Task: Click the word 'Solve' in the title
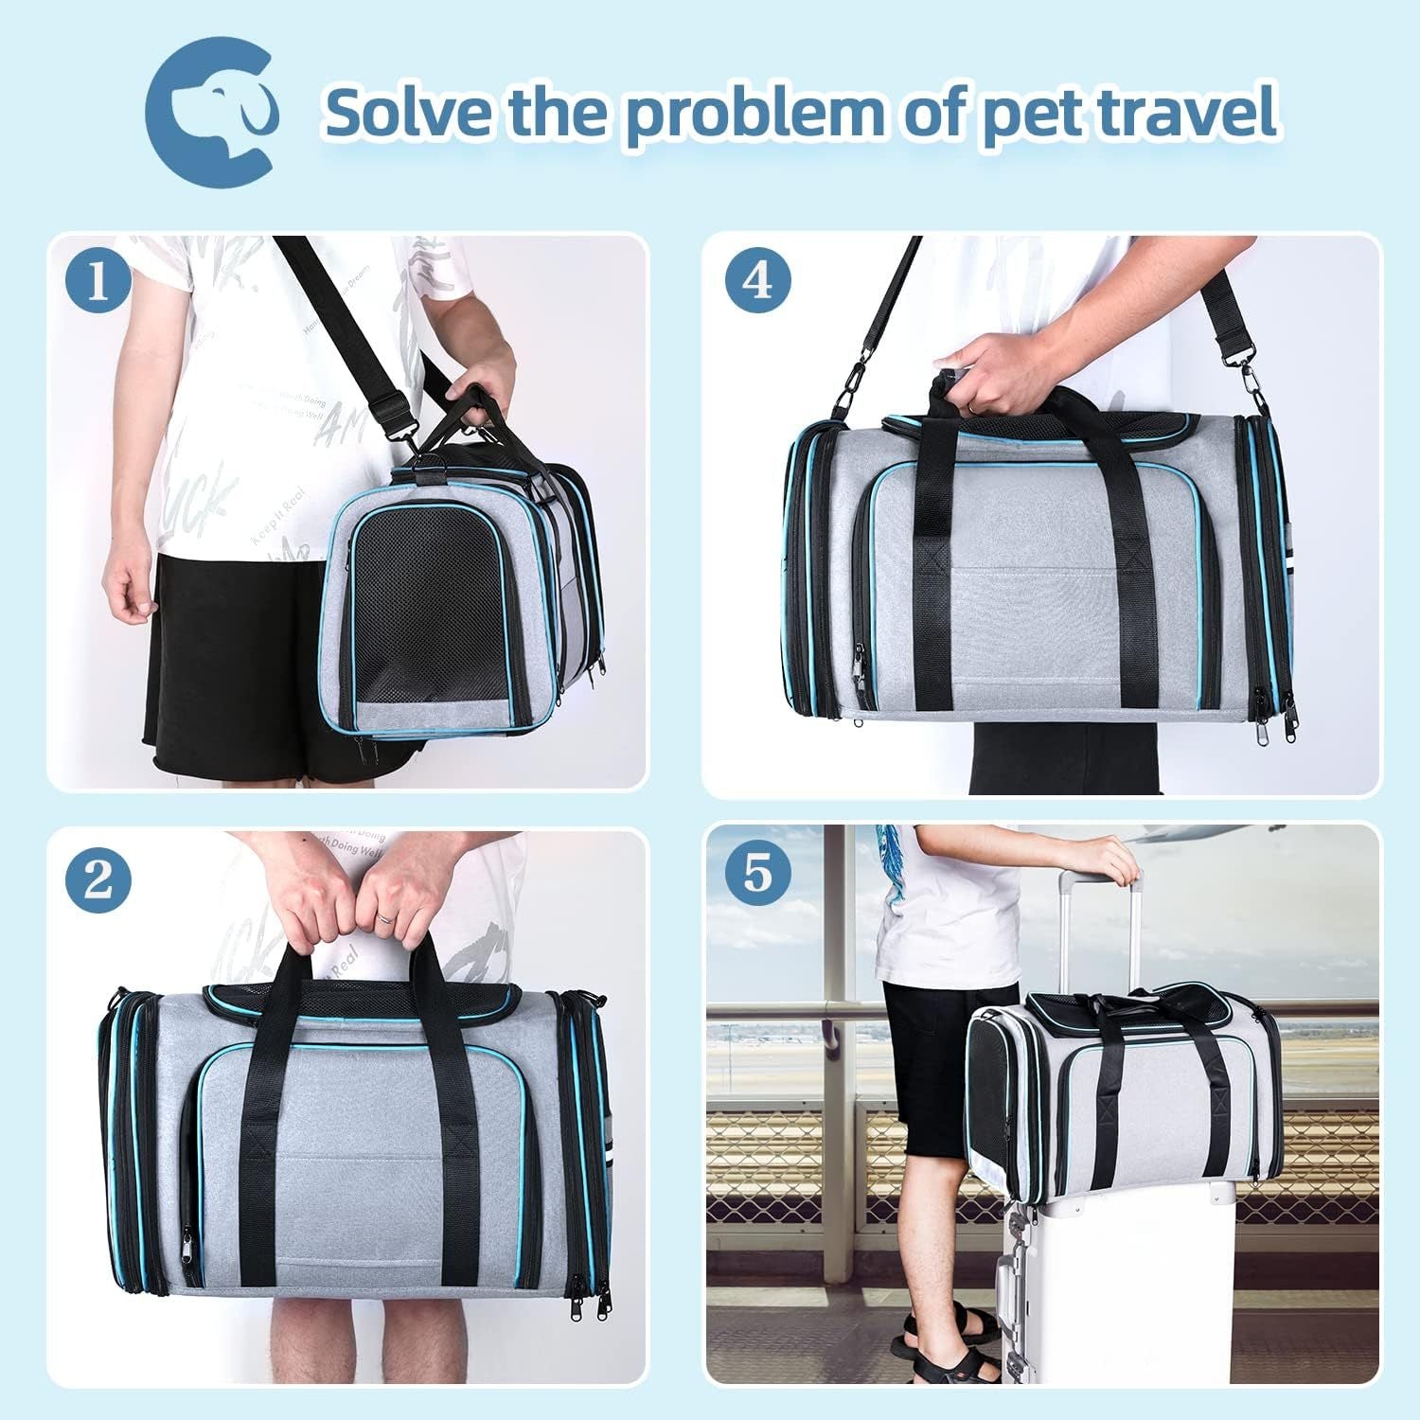(x=409, y=113)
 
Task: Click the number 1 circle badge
(x=98, y=281)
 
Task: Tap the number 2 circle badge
(x=98, y=881)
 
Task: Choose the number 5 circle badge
(x=757, y=872)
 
